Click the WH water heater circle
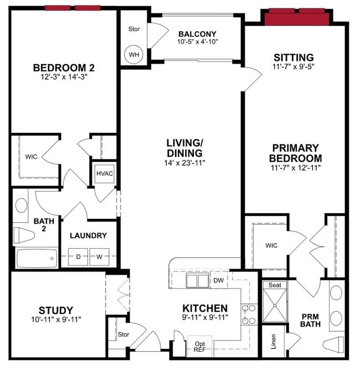tap(133, 54)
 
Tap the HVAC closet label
tap(104, 173)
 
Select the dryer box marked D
tap(79, 256)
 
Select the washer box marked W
tap(99, 256)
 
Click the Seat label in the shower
tap(275, 285)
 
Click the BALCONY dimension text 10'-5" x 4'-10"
tap(197, 42)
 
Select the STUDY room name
tap(55, 310)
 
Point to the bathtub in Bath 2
tap(37, 257)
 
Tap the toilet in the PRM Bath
tap(335, 342)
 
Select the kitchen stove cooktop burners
tap(249, 314)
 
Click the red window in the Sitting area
tap(296, 18)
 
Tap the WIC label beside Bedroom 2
tap(31, 157)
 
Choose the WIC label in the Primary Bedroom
tap(271, 245)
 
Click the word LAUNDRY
tap(88, 235)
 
